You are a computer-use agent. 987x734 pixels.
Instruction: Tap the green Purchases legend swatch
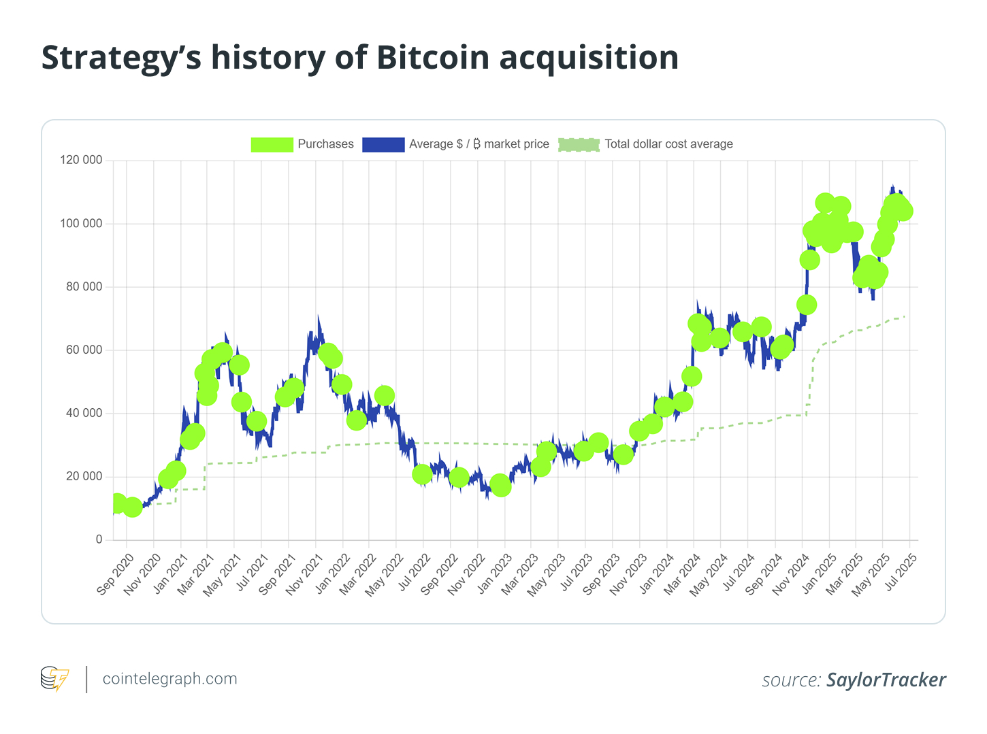[x=272, y=144]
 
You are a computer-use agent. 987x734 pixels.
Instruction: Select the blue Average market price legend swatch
[x=383, y=144]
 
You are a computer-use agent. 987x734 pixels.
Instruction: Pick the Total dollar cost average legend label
[x=668, y=144]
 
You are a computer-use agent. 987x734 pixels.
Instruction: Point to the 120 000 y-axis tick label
[x=82, y=161]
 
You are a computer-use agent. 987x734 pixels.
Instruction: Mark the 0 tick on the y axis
[x=99, y=539]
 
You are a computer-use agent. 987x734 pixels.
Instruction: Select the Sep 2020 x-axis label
[x=116, y=573]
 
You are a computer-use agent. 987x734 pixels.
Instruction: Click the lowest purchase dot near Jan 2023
[x=501, y=486]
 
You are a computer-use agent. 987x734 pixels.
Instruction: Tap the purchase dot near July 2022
[x=422, y=474]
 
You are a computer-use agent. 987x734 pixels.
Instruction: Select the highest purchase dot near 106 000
[x=825, y=203]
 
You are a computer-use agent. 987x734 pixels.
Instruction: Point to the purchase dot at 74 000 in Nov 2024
[x=807, y=305]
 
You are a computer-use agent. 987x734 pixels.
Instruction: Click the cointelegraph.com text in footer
[x=169, y=679]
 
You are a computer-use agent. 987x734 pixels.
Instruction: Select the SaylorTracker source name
[x=886, y=680]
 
